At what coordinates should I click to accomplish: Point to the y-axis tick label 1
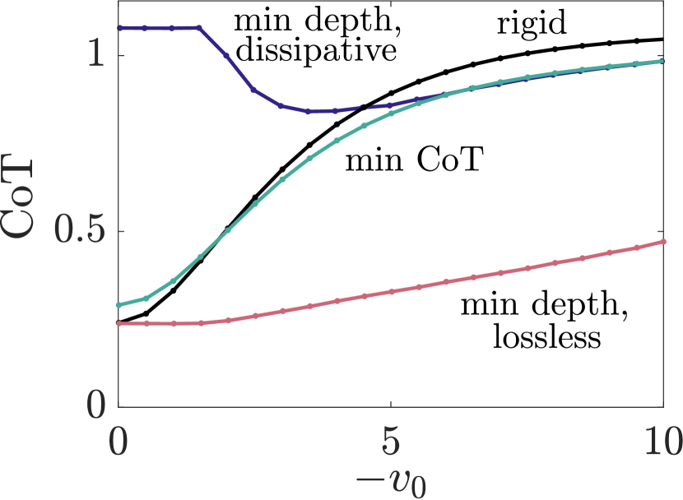point(94,56)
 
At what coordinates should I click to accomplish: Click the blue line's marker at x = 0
point(118,28)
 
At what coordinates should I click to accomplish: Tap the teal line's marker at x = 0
point(118,305)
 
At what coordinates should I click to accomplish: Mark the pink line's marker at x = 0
point(118,324)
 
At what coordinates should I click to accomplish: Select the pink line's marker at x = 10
point(663,242)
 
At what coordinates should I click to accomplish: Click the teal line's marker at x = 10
point(663,61)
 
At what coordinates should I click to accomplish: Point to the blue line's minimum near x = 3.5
point(309,112)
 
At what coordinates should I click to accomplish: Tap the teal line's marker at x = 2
point(228,230)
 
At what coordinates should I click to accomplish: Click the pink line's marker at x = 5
point(391,291)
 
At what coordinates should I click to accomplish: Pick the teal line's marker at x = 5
point(391,113)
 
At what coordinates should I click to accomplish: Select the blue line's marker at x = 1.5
point(200,28)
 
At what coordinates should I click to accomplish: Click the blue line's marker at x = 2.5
point(254,90)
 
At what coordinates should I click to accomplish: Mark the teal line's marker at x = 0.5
point(146,298)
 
